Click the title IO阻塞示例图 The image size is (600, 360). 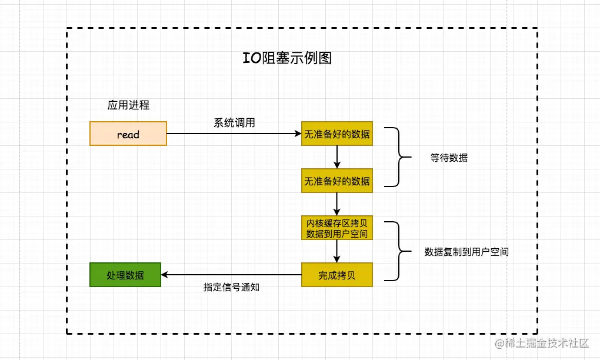(x=288, y=58)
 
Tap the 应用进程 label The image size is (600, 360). (x=128, y=105)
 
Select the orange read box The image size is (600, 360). (x=128, y=134)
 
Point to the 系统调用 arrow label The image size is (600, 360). (x=234, y=123)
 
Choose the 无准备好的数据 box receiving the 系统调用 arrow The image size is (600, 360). (x=337, y=134)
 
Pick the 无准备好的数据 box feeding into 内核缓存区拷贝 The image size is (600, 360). (x=337, y=181)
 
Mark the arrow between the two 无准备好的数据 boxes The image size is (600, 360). (x=337, y=157)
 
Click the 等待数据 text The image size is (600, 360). (x=449, y=158)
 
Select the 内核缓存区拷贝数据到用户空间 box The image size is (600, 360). (x=337, y=228)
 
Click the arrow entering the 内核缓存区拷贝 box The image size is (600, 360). (x=337, y=204)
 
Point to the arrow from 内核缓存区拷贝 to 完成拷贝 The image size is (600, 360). (x=337, y=252)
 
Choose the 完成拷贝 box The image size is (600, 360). (x=337, y=275)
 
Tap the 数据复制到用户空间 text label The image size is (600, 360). (x=466, y=252)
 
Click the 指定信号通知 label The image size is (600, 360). (x=232, y=288)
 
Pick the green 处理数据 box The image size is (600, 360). (x=125, y=275)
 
